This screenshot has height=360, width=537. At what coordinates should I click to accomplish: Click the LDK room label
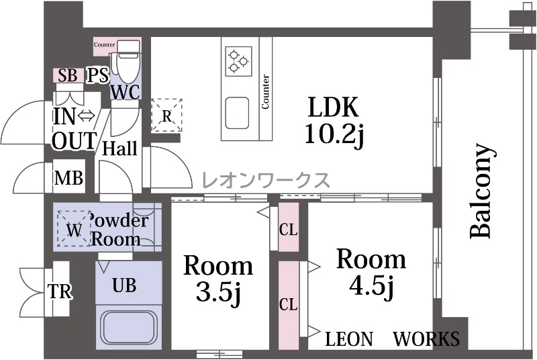[x=334, y=107]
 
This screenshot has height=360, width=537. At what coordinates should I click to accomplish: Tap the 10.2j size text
[x=334, y=134]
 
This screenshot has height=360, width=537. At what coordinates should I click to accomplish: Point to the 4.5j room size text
[x=371, y=285]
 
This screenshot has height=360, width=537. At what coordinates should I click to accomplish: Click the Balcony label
[x=482, y=191]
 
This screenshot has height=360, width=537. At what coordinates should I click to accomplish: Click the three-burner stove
[x=238, y=61]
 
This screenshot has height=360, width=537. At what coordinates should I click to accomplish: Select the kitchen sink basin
[x=237, y=113]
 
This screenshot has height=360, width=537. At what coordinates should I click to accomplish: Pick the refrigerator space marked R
[x=166, y=115]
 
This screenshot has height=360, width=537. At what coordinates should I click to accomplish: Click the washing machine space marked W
[x=74, y=228]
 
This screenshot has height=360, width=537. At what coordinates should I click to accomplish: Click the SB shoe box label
[x=68, y=75]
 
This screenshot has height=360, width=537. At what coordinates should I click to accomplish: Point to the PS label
[x=97, y=75]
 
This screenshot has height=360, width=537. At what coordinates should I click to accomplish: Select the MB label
[x=69, y=178]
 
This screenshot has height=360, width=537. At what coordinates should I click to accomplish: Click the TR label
[x=60, y=291]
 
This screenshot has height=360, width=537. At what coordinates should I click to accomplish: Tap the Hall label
[x=120, y=148]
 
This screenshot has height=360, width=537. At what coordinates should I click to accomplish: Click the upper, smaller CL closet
[x=289, y=227]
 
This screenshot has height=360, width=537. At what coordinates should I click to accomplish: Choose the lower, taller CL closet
[x=289, y=306]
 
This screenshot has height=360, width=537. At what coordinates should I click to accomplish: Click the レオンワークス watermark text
[x=266, y=180]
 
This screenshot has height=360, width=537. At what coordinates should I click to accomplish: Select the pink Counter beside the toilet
[x=105, y=45]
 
